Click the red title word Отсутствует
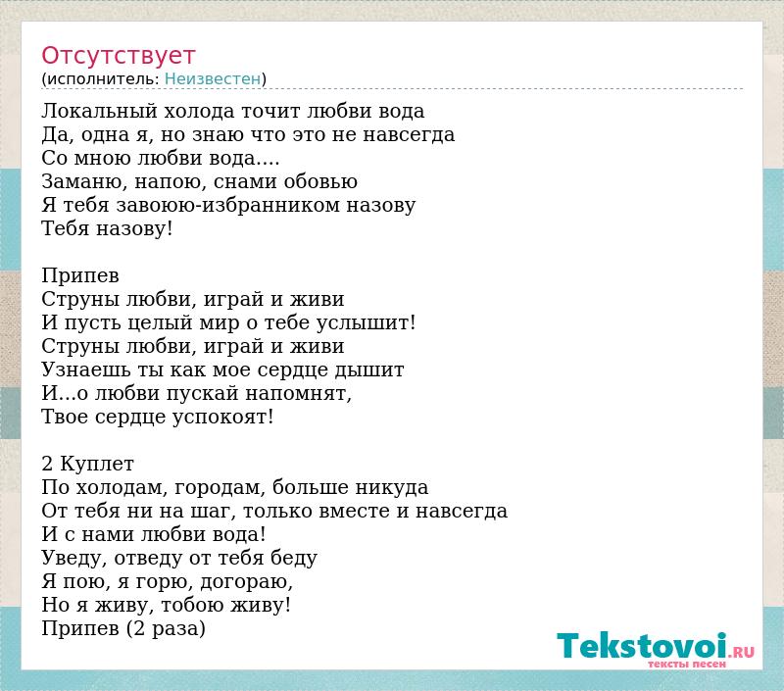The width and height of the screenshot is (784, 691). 118,56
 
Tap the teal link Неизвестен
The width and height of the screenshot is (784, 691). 213,78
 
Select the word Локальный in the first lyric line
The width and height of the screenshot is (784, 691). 100,111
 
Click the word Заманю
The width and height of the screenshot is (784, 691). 84,182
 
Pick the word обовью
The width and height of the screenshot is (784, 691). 320,181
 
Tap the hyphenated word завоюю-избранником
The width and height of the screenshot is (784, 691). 228,205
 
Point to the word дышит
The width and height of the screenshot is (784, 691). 369,370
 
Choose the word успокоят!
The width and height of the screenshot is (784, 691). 223,417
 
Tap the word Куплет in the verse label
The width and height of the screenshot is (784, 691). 97,464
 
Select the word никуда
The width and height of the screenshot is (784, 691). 392,487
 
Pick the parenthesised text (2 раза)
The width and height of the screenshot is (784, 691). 166,628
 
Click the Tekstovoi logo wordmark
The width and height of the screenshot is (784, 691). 642,646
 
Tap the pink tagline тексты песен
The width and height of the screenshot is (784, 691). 687,664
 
